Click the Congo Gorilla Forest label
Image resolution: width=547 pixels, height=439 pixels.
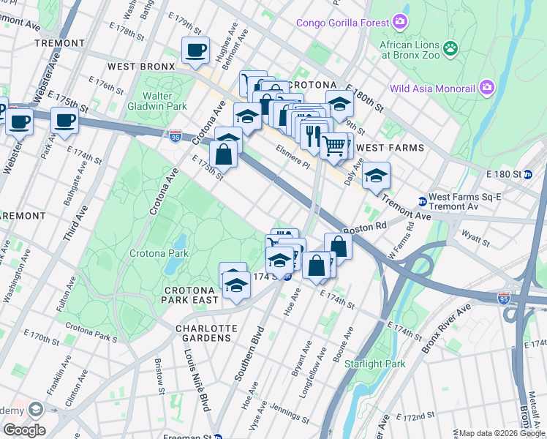[x=342, y=23]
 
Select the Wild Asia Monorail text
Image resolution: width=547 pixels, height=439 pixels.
[x=433, y=89]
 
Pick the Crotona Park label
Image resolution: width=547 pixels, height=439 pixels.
[x=159, y=254]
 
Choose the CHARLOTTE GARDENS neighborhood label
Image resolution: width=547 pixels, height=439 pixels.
[x=207, y=334]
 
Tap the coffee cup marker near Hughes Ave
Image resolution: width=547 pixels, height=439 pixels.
[x=195, y=50]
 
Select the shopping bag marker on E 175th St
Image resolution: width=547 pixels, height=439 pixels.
[x=224, y=156]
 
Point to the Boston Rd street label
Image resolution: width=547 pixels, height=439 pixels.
[x=369, y=228]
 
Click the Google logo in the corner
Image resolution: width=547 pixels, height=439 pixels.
[x=23, y=429]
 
